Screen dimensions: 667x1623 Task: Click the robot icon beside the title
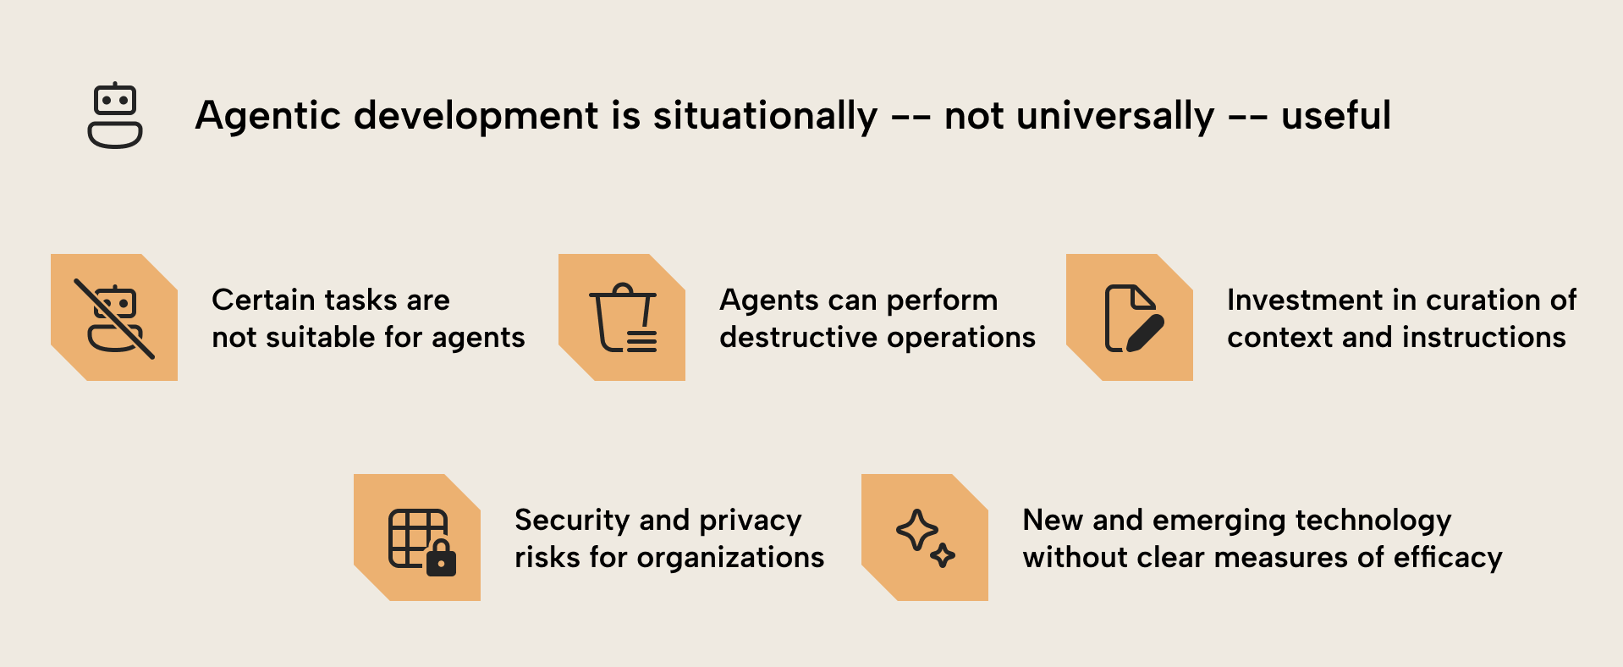pyautogui.click(x=115, y=116)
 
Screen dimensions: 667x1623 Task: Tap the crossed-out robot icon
pyautogui.click(x=114, y=317)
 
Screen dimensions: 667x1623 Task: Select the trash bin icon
pyautogui.click(x=624, y=317)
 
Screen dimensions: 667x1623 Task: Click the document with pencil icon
pyautogui.click(x=1133, y=318)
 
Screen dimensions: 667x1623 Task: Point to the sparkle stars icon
pyautogui.click(x=925, y=538)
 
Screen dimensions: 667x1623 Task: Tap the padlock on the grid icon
pyautogui.click(x=441, y=560)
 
